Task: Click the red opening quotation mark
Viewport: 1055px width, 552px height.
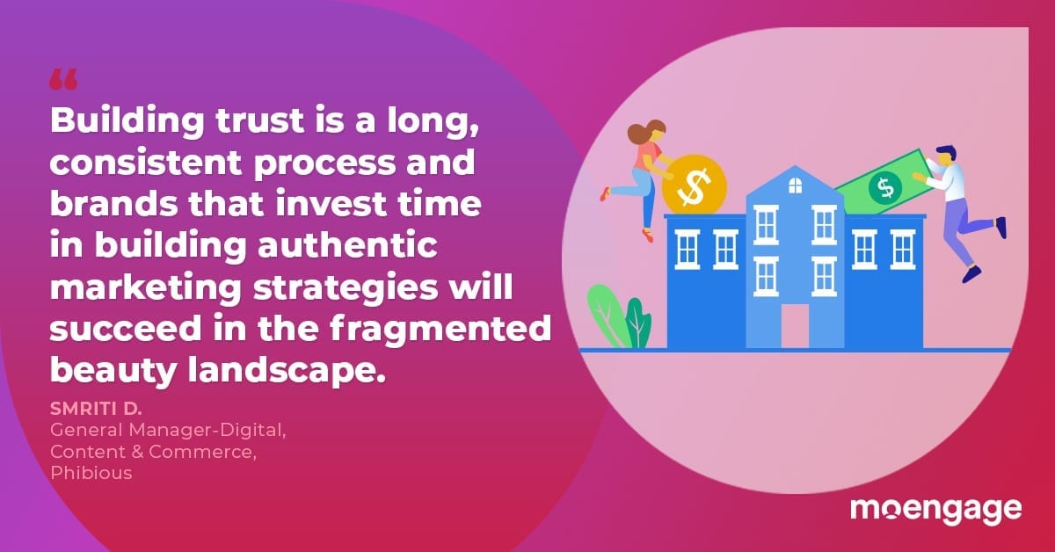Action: click(x=63, y=80)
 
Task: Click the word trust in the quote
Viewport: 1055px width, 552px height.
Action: click(x=260, y=120)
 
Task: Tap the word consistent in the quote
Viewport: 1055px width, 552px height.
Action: click(x=146, y=163)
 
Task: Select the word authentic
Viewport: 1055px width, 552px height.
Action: click(x=347, y=245)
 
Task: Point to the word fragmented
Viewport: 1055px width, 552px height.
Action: click(x=440, y=328)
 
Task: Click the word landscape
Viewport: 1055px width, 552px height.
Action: click(x=287, y=371)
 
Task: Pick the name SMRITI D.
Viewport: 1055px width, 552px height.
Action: click(x=96, y=409)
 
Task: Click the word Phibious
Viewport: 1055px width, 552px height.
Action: click(x=91, y=473)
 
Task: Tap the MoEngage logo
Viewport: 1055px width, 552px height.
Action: click(x=935, y=511)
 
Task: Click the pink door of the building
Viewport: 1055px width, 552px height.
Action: click(x=795, y=326)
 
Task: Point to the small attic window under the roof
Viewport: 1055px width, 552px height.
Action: click(x=795, y=185)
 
